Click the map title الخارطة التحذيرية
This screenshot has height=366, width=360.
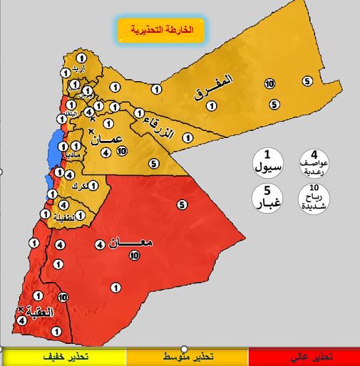[x=160, y=31]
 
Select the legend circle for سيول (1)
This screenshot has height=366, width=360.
[x=268, y=162]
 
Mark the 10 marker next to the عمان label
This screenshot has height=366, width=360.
[x=122, y=151]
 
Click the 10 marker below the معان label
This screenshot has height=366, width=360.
[x=134, y=257]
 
